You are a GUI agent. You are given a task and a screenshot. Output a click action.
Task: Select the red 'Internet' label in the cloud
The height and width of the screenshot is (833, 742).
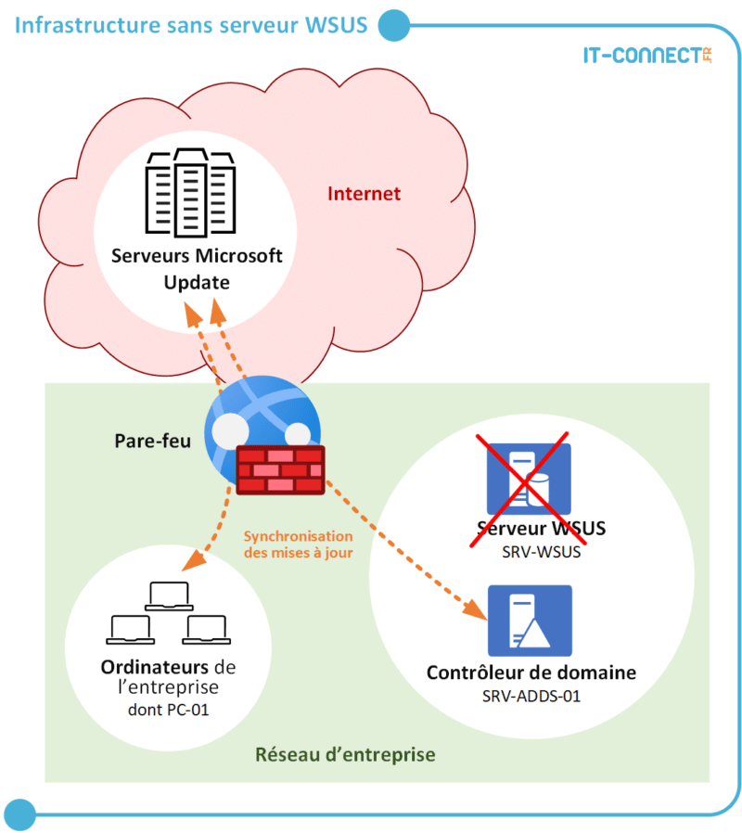tap(364, 194)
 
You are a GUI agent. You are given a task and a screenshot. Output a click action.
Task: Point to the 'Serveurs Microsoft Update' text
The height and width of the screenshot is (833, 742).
tap(196, 268)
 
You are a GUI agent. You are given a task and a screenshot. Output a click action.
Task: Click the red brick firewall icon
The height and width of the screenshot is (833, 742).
tap(279, 469)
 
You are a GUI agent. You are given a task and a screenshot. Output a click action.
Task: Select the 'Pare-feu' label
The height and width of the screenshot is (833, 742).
tap(153, 441)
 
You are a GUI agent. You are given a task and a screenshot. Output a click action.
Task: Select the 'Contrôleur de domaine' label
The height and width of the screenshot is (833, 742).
tap(531, 673)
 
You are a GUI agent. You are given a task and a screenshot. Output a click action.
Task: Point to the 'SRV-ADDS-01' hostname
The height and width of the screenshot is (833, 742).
tap(531, 696)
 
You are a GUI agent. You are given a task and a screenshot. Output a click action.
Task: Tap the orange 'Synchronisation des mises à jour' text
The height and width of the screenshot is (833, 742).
tap(298, 544)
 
